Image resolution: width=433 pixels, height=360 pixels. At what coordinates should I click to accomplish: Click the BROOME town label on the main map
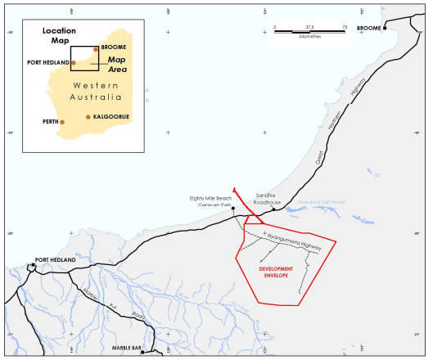pyautogui.click(x=399, y=25)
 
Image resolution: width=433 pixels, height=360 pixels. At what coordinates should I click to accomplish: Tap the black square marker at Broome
pyautogui.click(x=384, y=29)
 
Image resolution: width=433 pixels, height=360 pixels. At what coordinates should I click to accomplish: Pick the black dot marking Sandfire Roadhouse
pyautogui.click(x=273, y=209)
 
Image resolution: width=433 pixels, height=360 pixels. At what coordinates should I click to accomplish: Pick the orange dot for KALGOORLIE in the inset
pyautogui.click(x=88, y=117)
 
